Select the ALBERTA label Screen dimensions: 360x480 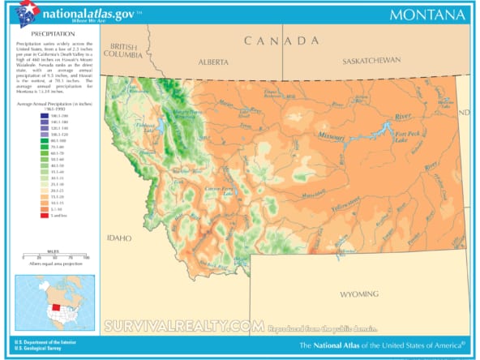tap(213, 61)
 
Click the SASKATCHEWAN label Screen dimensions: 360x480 tap(371, 61)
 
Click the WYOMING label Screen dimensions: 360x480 tap(359, 293)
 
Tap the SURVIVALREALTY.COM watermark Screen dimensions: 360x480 tap(184, 325)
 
